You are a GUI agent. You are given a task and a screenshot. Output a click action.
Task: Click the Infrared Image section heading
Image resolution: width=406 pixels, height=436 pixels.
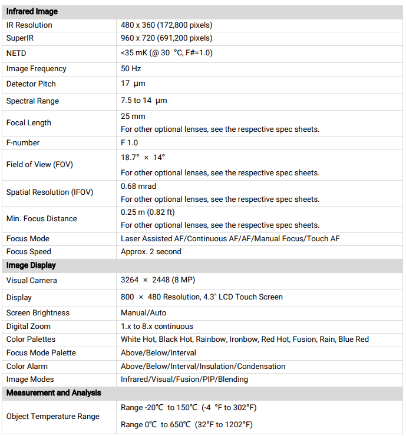32,12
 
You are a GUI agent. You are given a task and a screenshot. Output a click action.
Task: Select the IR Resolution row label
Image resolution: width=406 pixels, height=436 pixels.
29,25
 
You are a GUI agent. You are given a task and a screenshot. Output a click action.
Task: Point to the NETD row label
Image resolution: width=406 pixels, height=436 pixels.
16,53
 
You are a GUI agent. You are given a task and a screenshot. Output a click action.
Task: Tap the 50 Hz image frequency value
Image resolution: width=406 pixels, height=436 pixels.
131,69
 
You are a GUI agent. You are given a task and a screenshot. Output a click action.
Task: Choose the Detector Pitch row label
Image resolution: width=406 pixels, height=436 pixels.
31,84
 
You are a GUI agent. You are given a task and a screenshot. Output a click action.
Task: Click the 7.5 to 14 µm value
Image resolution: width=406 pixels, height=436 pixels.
144,101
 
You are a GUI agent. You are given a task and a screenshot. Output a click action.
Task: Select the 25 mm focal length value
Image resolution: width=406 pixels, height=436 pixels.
133,117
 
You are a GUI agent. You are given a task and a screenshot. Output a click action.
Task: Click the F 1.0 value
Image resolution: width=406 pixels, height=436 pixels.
130,143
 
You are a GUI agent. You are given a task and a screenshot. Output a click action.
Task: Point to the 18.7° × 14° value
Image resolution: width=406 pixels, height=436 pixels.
143,158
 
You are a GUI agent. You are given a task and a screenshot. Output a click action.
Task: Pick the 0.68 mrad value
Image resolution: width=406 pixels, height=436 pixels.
138,186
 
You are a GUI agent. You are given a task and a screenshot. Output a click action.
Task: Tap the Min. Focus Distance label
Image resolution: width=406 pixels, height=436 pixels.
41,218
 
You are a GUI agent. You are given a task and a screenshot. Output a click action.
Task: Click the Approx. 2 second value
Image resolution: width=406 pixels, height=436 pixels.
151,252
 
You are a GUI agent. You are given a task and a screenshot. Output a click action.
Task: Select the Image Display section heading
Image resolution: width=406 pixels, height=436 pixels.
31,265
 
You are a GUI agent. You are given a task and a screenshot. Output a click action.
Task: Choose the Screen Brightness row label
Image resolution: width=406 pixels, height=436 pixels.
38,313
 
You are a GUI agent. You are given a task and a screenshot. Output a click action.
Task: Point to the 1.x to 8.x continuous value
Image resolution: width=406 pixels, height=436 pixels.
157,326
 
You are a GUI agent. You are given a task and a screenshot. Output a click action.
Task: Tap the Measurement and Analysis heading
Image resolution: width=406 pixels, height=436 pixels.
54,393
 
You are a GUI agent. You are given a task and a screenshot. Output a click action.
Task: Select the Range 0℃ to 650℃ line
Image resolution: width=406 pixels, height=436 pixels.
187,425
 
